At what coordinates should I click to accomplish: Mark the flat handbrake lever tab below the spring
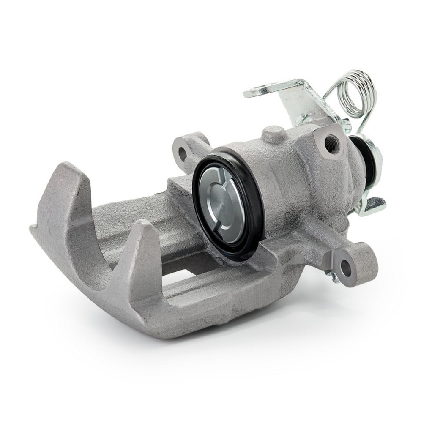coord(374,205)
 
